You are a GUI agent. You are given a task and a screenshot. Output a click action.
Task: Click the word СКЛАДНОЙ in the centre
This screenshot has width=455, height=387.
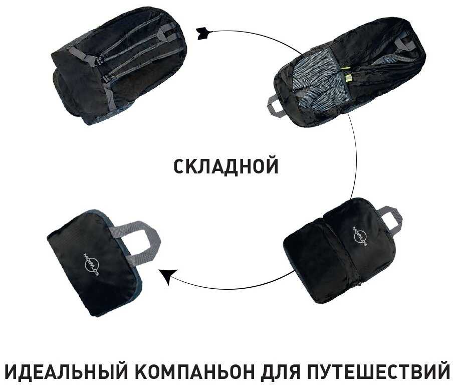[226, 166]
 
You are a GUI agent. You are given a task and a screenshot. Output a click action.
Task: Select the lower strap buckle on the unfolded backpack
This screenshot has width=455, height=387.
[107, 77]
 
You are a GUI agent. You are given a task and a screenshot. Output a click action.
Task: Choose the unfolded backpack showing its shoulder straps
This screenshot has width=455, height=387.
[119, 63]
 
